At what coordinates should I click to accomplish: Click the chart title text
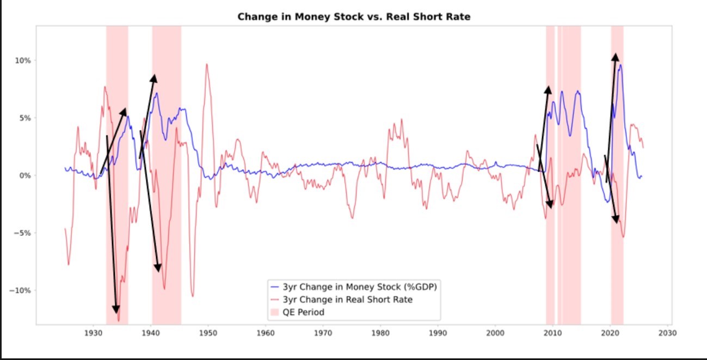coord(353,17)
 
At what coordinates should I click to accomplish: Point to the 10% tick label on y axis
coord(22,60)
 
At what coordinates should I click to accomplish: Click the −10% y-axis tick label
coord(19,290)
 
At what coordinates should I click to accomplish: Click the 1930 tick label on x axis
coord(93,333)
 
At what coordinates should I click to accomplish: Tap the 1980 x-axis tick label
coord(380,333)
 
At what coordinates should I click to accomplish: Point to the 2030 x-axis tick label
coord(668,333)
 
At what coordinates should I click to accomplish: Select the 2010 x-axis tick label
coord(553,333)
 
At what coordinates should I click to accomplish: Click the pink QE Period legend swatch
coord(275,312)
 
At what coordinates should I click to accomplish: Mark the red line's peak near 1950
coord(207,64)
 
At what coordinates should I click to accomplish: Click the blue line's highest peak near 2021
coord(620,65)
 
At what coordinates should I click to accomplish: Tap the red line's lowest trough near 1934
coord(119,320)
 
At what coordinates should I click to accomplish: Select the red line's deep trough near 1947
coord(192,296)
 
